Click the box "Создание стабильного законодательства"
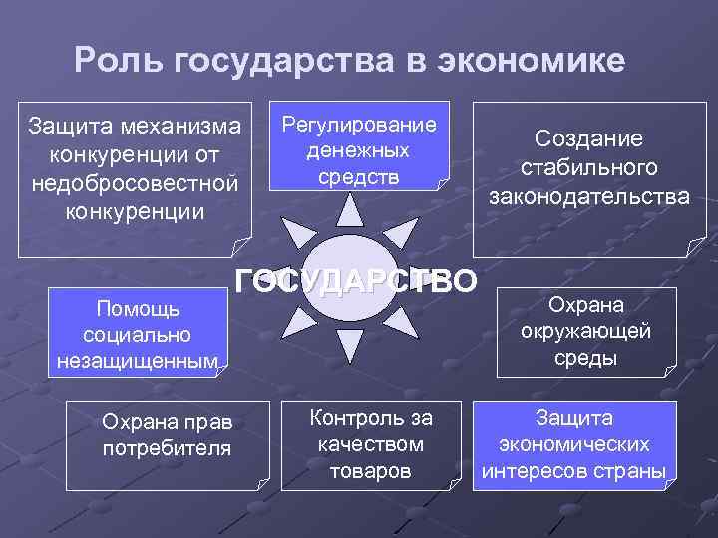tap(588, 178)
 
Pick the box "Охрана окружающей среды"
tap(585, 331)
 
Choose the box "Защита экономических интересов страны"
tap(573, 444)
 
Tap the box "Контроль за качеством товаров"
tap(370, 444)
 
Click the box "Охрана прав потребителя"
tap(167, 444)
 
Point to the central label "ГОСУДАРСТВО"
tap(356, 283)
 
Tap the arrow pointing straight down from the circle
tap(350, 344)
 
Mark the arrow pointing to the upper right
tap(400, 235)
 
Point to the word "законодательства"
tap(588, 197)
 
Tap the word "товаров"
tap(370, 470)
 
